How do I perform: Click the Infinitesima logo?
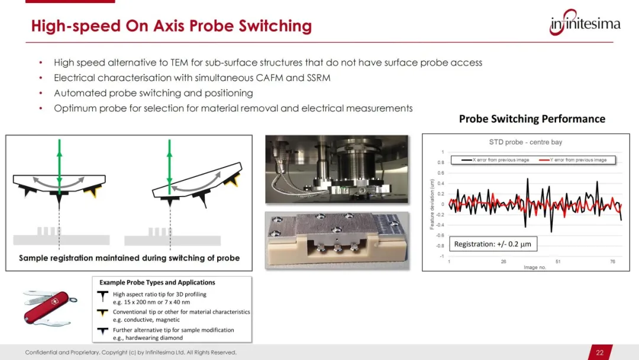[x=585, y=23]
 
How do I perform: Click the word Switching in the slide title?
[x=275, y=25]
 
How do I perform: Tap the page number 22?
[x=599, y=353]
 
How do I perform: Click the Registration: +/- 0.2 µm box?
[x=493, y=244]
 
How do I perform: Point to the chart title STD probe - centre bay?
[x=525, y=142]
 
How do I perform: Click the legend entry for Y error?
[x=573, y=160]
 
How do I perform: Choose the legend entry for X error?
[x=495, y=160]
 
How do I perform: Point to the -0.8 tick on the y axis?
[x=440, y=246]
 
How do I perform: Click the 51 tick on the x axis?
[x=558, y=262]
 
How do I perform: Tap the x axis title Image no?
[x=535, y=268]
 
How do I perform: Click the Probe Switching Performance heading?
[x=532, y=118]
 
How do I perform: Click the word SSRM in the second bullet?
[x=319, y=78]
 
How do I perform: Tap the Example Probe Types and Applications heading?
[x=157, y=282]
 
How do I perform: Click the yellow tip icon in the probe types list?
[x=102, y=313]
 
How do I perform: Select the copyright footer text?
[x=131, y=352]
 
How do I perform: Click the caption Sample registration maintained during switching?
[x=129, y=258]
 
